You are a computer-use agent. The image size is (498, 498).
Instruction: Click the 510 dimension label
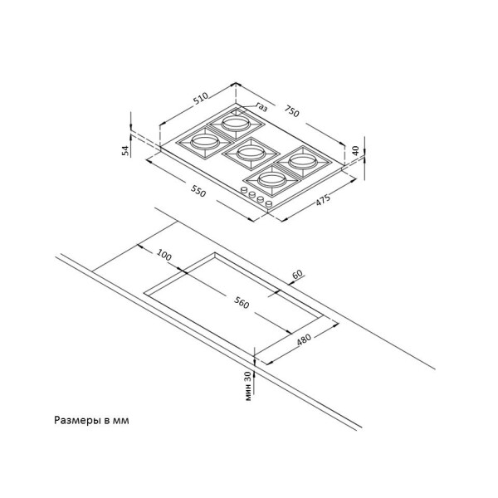201,98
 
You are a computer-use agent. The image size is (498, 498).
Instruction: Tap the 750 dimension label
291,111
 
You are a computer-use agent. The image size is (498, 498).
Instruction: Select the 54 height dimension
126,150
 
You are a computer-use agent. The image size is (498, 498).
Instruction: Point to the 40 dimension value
355,150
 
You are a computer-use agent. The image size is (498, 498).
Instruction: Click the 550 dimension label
198,191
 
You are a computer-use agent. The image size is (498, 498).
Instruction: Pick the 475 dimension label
323,200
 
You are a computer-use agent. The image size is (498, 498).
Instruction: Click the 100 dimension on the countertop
164,256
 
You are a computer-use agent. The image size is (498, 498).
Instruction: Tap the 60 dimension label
297,274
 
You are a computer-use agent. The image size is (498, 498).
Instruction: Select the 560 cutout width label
242,302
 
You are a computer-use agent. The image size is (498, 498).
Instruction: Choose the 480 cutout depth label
304,339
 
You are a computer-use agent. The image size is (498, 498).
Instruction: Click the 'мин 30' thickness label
248,386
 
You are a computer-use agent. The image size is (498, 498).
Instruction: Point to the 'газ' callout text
261,107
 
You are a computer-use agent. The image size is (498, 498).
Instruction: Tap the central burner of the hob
251,154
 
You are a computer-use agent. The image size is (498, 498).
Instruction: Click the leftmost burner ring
204,141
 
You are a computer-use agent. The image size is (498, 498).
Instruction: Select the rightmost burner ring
302,162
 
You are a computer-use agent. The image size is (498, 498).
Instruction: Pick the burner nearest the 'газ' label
236,123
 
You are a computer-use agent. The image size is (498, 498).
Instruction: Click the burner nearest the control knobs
272,180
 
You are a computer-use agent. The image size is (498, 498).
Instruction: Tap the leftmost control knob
244,190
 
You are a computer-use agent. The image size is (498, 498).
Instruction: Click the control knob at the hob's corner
269,203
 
